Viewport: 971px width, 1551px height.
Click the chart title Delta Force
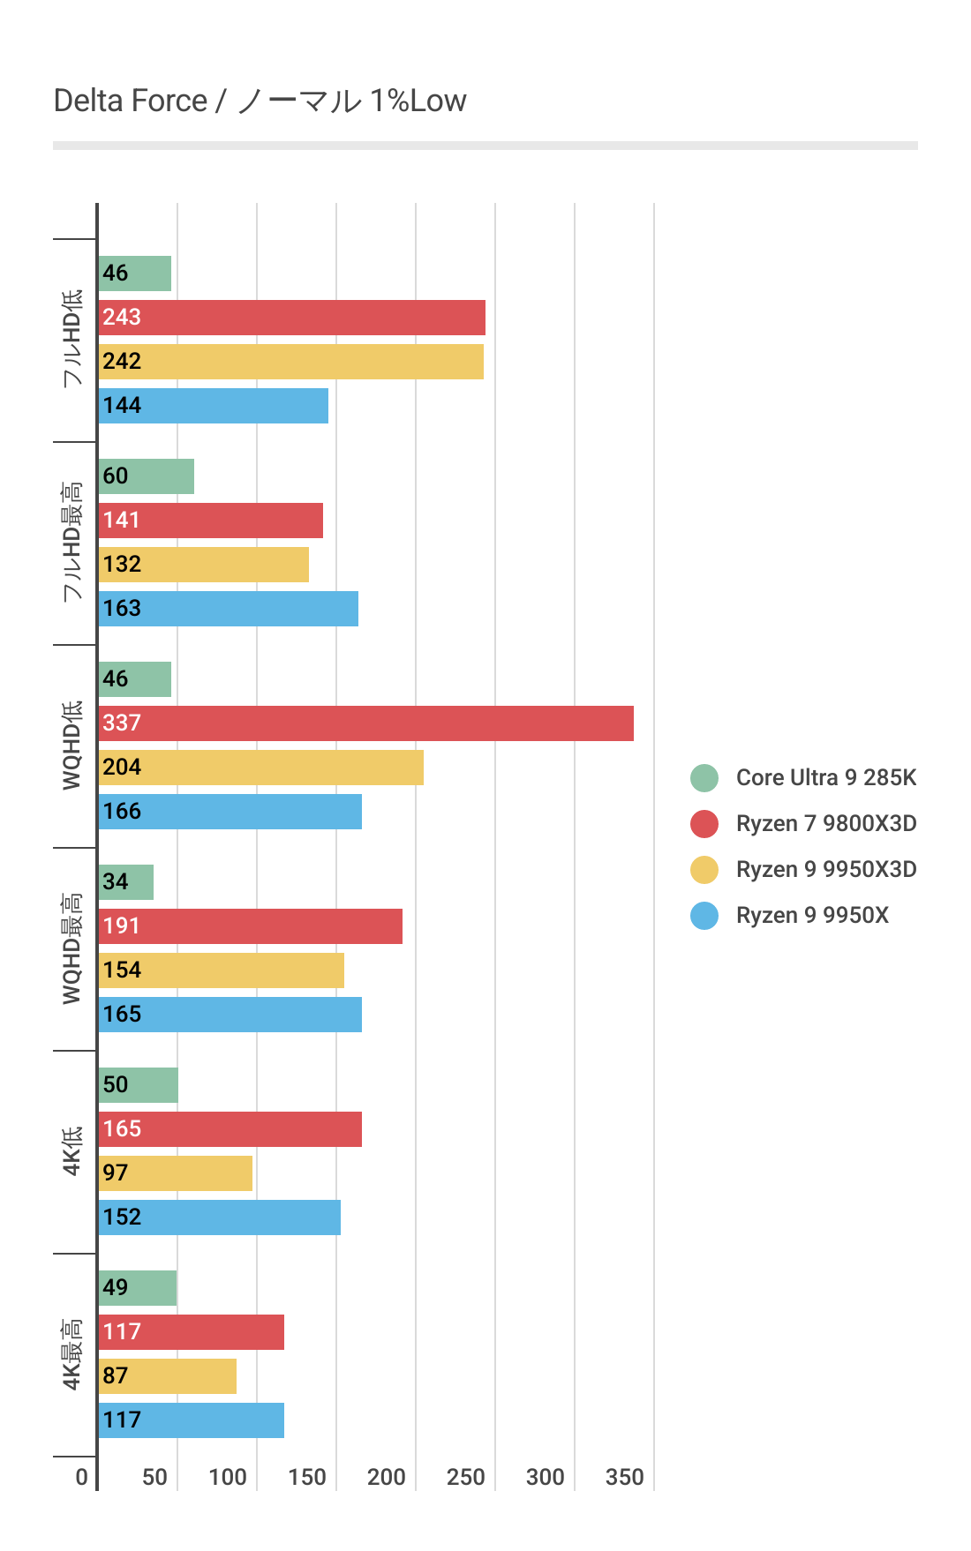[x=260, y=101]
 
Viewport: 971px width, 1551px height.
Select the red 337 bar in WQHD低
[x=365, y=723]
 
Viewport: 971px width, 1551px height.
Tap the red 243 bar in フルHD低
[x=291, y=318]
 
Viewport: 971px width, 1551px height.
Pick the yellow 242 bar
[x=290, y=362]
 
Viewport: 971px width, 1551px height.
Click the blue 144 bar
[x=213, y=406]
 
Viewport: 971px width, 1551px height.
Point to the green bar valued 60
[x=146, y=476]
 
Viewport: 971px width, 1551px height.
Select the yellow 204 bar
[x=260, y=768]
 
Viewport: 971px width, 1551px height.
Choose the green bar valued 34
[x=126, y=882]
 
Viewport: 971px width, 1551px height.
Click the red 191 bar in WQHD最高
[x=250, y=926]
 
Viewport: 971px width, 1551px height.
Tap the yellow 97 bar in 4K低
[x=175, y=1173]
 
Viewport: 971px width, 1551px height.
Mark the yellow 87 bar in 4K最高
[x=167, y=1376]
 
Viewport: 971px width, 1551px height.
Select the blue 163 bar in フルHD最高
[x=228, y=609]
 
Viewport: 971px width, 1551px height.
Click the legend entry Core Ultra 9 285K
[x=825, y=777]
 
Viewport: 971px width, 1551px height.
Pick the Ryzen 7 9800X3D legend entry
[x=825, y=823]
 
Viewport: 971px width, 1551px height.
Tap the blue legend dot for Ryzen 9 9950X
[x=704, y=915]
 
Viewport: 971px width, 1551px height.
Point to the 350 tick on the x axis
[x=624, y=1477]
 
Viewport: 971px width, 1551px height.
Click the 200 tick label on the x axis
[x=386, y=1477]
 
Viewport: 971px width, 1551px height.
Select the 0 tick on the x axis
[x=82, y=1477]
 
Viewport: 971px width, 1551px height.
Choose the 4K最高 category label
[x=72, y=1354]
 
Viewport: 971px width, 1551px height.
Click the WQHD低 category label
[x=72, y=746]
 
